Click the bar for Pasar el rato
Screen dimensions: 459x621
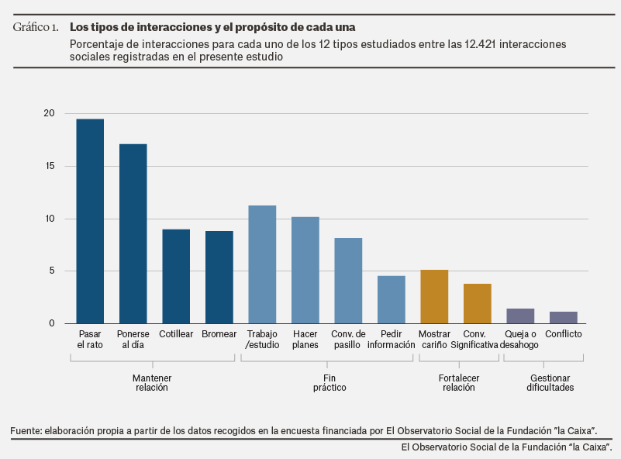[x=90, y=221]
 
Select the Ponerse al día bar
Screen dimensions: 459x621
[x=133, y=233]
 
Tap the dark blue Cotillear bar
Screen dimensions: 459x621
[x=176, y=276]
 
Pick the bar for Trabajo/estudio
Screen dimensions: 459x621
[x=262, y=264]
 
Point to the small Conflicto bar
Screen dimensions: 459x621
[x=564, y=317]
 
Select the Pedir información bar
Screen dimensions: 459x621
[x=391, y=299]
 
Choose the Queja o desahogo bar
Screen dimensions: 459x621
[x=520, y=316]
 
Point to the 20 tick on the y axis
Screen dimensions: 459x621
[x=50, y=113]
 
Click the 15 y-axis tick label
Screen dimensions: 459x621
[x=50, y=166]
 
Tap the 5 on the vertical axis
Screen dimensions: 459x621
[x=52, y=271]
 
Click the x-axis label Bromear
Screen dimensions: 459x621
[x=219, y=334]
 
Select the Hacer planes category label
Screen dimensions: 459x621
[x=305, y=340]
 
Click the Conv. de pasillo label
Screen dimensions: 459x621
[x=347, y=340]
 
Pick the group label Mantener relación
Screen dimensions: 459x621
[x=152, y=382]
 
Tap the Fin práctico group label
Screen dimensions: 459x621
[x=329, y=382]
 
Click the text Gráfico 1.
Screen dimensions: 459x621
[x=36, y=28]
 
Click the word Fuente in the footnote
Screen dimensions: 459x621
[x=26, y=430]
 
